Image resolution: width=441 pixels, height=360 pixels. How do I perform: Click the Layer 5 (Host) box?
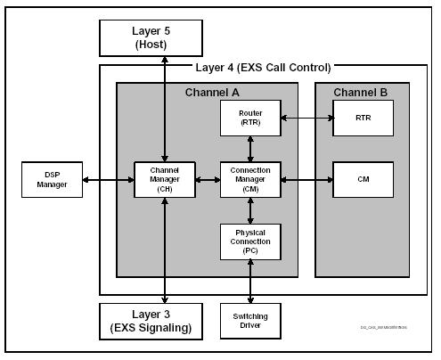(x=165, y=36)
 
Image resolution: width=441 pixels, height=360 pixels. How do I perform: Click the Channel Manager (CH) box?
(x=165, y=179)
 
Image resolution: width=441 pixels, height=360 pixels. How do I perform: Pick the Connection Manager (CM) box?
(x=250, y=179)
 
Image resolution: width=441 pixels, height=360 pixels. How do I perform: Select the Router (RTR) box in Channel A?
(x=250, y=118)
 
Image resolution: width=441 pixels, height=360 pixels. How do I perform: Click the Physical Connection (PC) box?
(x=250, y=241)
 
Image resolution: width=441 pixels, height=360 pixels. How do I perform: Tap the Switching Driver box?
(x=250, y=322)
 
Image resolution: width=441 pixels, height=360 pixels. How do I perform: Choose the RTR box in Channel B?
(x=363, y=118)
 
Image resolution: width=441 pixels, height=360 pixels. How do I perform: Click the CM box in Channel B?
(x=363, y=179)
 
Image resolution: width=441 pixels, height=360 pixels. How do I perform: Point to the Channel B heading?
(x=362, y=92)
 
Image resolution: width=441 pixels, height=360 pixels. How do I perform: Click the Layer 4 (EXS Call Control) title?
(x=263, y=68)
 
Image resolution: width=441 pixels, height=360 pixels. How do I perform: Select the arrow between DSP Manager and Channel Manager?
(x=107, y=179)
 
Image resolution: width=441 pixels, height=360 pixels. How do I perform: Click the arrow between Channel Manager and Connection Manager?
(x=208, y=179)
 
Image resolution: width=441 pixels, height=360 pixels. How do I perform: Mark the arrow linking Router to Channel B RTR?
(x=306, y=118)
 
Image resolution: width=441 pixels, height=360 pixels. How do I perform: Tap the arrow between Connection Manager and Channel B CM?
(x=306, y=179)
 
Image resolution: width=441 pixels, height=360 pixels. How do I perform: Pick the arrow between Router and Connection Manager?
(x=250, y=149)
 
